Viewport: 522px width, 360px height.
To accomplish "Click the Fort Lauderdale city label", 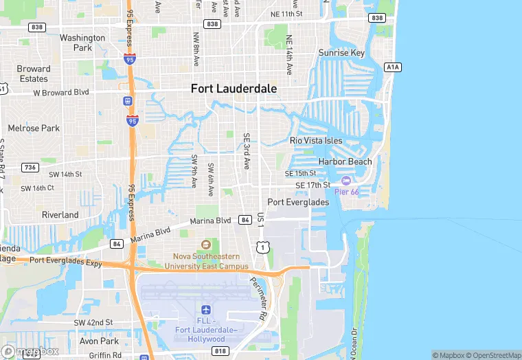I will pos(234,89).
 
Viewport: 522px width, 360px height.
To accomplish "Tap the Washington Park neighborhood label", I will pos(82,43).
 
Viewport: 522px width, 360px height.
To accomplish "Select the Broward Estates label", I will pos(34,74).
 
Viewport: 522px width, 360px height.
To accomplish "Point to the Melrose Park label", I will pos(34,128).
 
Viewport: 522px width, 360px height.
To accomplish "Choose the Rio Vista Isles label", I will pos(316,140).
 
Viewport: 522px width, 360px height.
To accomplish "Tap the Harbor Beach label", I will pos(345,161).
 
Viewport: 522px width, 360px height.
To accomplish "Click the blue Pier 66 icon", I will pos(345,181).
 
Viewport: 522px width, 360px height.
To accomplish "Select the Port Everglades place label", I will pos(298,202).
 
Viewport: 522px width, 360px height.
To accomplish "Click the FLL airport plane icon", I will pos(205,311).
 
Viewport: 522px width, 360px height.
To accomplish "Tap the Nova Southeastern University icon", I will pos(205,245).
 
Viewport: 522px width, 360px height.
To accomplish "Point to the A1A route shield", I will pos(391,67).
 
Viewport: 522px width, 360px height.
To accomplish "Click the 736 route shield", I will pos(30,167).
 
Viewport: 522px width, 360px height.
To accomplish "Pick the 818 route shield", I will pos(219,351).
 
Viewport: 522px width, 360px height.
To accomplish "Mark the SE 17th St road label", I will pos(313,185).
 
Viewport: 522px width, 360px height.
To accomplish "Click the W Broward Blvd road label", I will pos(61,92).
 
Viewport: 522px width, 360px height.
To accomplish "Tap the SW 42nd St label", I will pos(93,322).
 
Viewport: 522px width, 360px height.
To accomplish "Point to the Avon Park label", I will pos(100,341).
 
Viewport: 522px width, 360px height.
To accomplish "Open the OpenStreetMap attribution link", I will pos(492,355).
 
